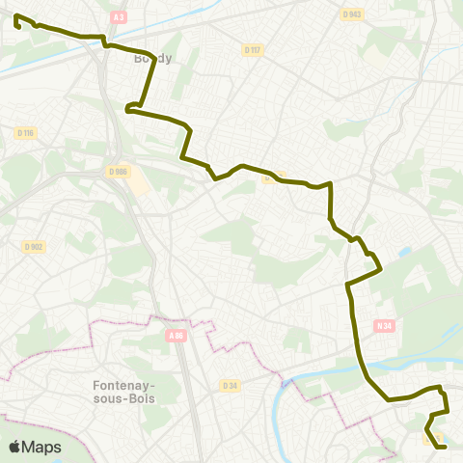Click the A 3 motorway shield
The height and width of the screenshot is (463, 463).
tap(119, 17)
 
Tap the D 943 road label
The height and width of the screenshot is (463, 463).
tap(352, 14)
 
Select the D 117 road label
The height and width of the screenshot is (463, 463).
tap(253, 50)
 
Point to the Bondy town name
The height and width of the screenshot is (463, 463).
tap(152, 58)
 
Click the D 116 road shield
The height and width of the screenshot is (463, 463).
tap(26, 132)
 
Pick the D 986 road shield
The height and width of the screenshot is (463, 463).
tap(119, 171)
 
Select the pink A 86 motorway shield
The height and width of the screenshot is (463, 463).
tap(175, 336)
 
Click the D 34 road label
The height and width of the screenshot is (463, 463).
tap(229, 386)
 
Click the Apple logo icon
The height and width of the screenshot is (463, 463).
tap(14, 447)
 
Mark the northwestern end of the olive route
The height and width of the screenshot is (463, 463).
tap(16, 16)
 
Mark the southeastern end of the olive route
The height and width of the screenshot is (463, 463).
tap(444, 447)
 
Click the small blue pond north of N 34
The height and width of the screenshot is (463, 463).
tap(402, 254)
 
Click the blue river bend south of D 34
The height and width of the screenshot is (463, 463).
tap(281, 405)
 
